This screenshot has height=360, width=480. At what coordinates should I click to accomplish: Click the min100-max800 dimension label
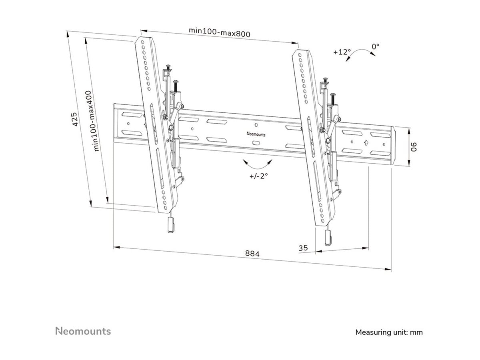click(220, 32)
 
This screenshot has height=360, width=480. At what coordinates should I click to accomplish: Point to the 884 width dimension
click(252, 254)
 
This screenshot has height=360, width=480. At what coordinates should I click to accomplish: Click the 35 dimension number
click(304, 248)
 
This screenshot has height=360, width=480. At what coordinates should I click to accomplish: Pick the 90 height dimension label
click(415, 147)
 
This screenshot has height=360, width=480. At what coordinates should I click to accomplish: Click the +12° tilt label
click(342, 52)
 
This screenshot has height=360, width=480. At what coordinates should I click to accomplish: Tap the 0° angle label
click(375, 46)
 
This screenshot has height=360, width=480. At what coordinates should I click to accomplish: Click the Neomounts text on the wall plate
click(256, 135)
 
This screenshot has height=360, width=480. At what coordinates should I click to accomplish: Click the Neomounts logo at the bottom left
click(83, 331)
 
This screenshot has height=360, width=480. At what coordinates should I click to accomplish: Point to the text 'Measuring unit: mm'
click(389, 332)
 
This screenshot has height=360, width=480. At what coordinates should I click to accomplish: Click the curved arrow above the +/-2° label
click(257, 164)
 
